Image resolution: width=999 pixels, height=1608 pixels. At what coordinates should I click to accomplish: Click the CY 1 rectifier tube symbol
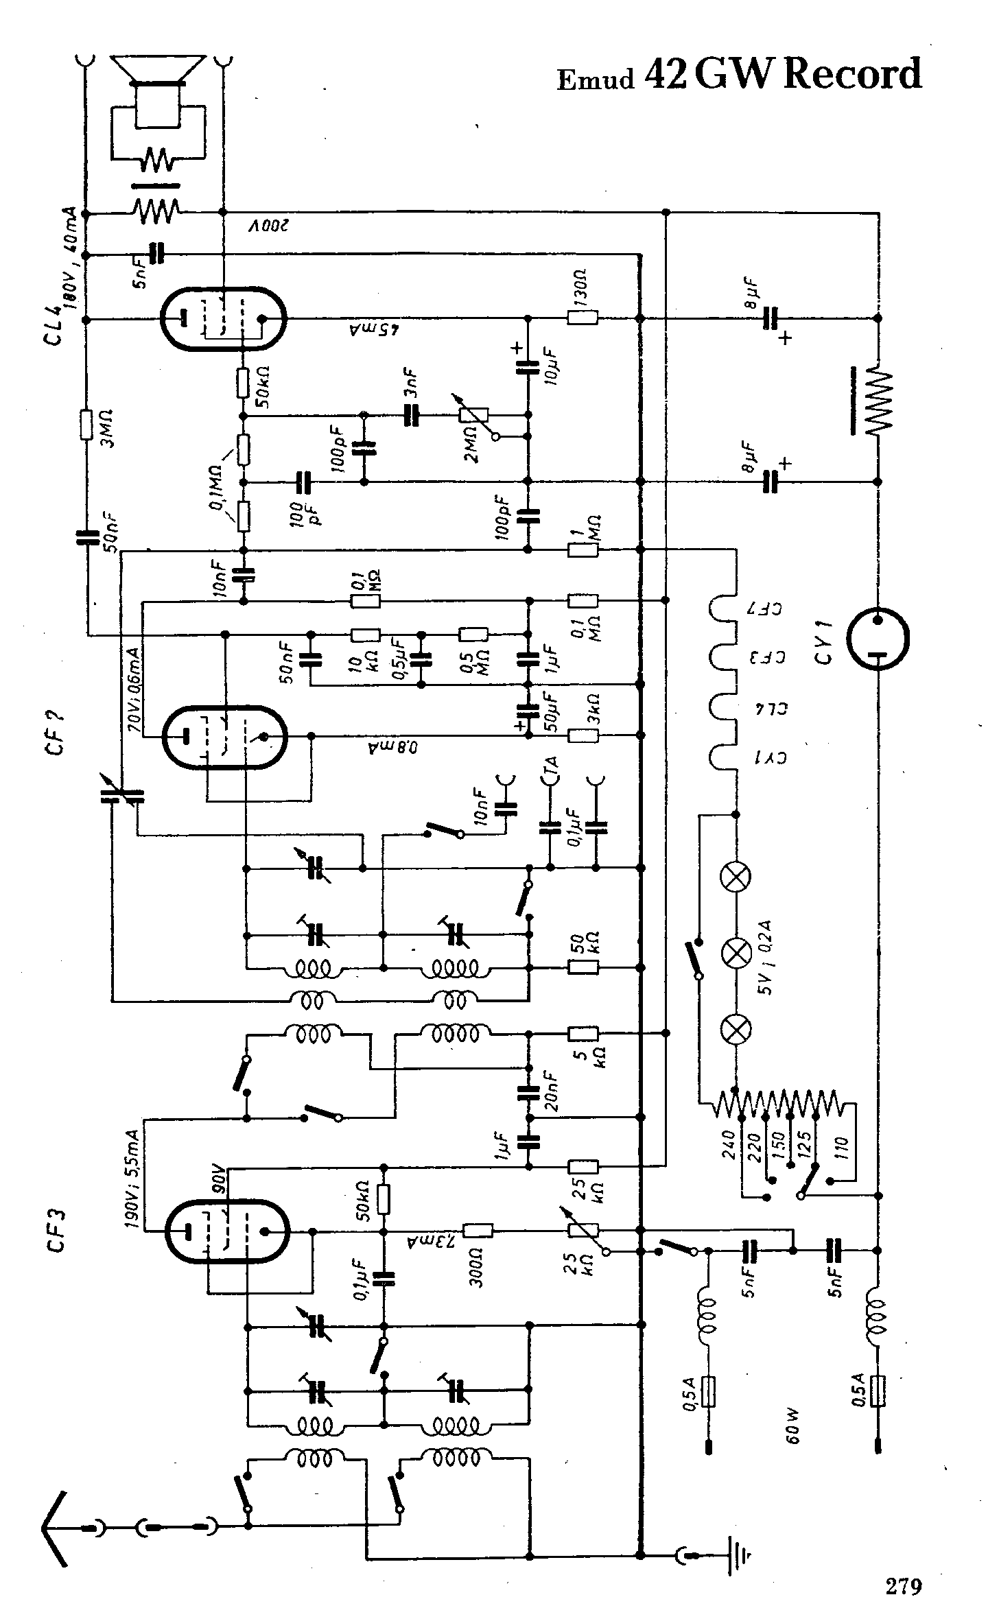[x=878, y=639]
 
